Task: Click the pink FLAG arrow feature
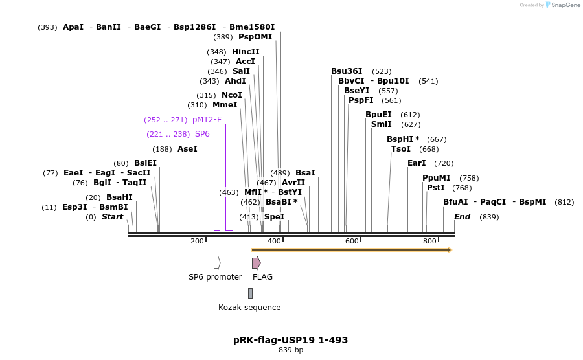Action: (x=256, y=263)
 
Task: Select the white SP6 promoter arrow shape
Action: (x=217, y=263)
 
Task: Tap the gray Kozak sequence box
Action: (x=250, y=293)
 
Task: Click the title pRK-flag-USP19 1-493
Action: (x=291, y=340)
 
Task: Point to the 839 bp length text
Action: (x=291, y=350)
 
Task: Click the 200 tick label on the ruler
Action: (x=197, y=241)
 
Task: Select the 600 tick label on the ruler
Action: (x=352, y=241)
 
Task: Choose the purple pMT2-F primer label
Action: (x=207, y=120)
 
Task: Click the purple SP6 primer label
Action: (x=202, y=134)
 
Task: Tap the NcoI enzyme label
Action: (x=232, y=95)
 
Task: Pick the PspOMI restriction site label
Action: (x=255, y=37)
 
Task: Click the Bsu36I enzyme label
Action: (x=347, y=71)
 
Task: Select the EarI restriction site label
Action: (x=417, y=163)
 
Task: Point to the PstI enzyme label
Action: (x=436, y=188)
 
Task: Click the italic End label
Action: (x=462, y=217)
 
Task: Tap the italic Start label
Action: (x=112, y=217)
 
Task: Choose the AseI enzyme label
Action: (x=187, y=149)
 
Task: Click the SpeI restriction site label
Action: (x=275, y=217)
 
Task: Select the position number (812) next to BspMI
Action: (x=564, y=202)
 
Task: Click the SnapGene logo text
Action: (x=566, y=5)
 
